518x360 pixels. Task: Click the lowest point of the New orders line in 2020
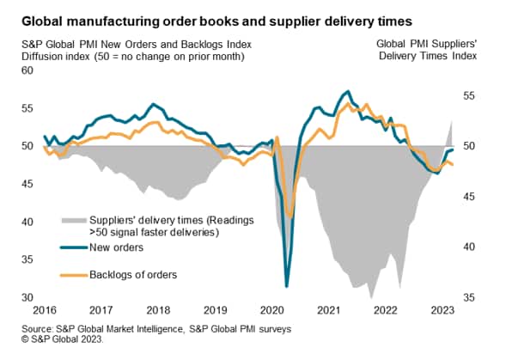point(286,286)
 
